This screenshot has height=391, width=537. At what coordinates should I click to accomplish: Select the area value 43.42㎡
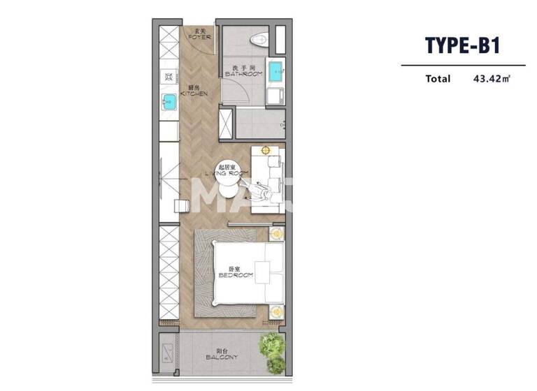click(492, 79)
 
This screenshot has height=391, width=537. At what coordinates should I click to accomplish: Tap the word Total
click(438, 79)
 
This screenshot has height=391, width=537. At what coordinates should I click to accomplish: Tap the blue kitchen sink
click(169, 103)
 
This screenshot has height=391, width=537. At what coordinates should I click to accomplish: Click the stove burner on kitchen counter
click(169, 75)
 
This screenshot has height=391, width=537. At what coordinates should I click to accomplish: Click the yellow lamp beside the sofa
click(266, 150)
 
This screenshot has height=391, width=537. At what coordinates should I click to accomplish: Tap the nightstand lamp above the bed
click(276, 234)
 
